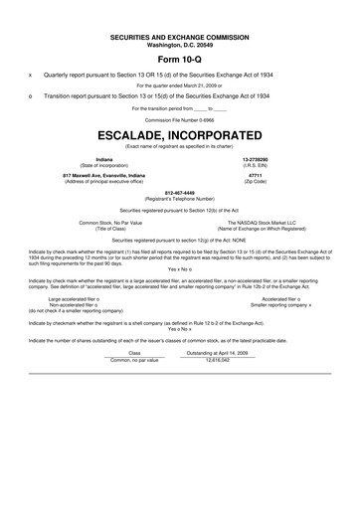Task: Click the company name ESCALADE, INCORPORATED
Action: point(179,131)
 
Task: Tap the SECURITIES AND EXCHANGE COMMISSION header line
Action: point(179,37)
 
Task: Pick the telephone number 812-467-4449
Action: point(179,193)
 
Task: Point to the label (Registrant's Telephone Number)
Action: point(179,199)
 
